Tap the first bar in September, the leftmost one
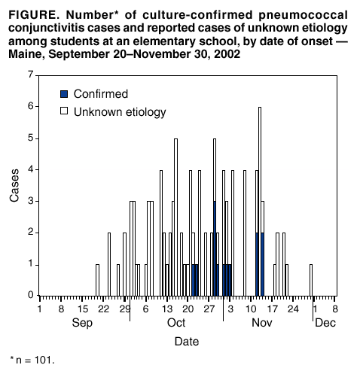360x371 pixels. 97,279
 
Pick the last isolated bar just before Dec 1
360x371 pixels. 310,279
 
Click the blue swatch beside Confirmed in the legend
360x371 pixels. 64,94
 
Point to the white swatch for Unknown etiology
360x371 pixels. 64,113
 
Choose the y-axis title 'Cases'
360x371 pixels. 14,186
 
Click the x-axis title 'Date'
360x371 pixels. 187,341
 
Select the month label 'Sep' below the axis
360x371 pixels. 82,323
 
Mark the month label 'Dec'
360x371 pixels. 325,323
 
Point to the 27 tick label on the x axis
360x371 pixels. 210,308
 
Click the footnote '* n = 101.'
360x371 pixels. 32,360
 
